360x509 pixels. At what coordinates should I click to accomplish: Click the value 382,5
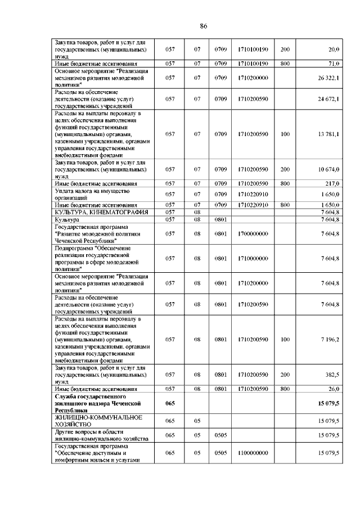pyautogui.click(x=331, y=374)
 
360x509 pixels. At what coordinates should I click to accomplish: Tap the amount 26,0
pyautogui.click(x=332, y=389)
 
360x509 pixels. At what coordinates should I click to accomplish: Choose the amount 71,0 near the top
pyautogui.click(x=332, y=64)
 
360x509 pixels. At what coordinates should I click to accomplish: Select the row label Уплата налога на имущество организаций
pyautogui.click(x=89, y=194)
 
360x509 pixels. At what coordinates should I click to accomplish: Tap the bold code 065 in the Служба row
pyautogui.click(x=170, y=403)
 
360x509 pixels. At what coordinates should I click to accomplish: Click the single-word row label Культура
pyautogui.click(x=67, y=219)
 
